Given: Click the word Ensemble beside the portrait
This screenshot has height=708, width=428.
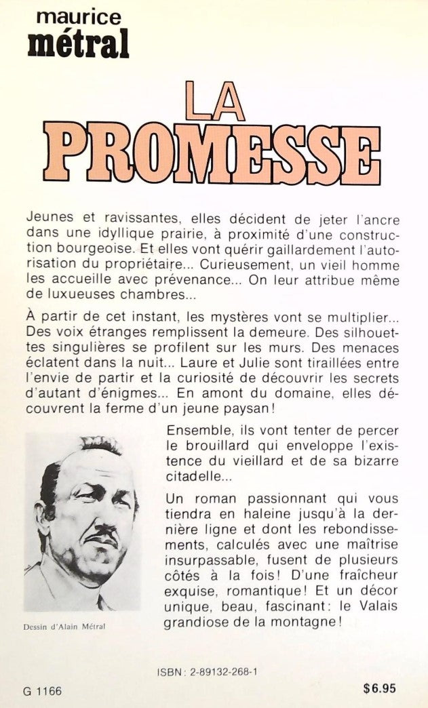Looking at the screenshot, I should click(x=195, y=433).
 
